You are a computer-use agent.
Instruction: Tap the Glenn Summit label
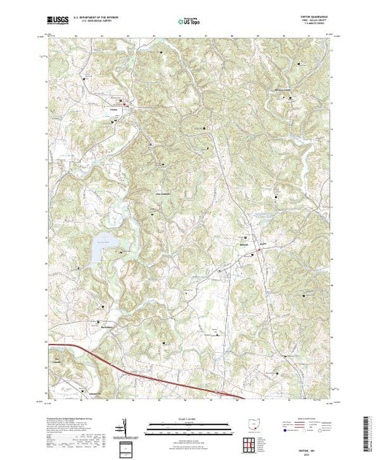click(159, 193)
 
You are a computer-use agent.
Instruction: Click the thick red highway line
click(146, 373)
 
